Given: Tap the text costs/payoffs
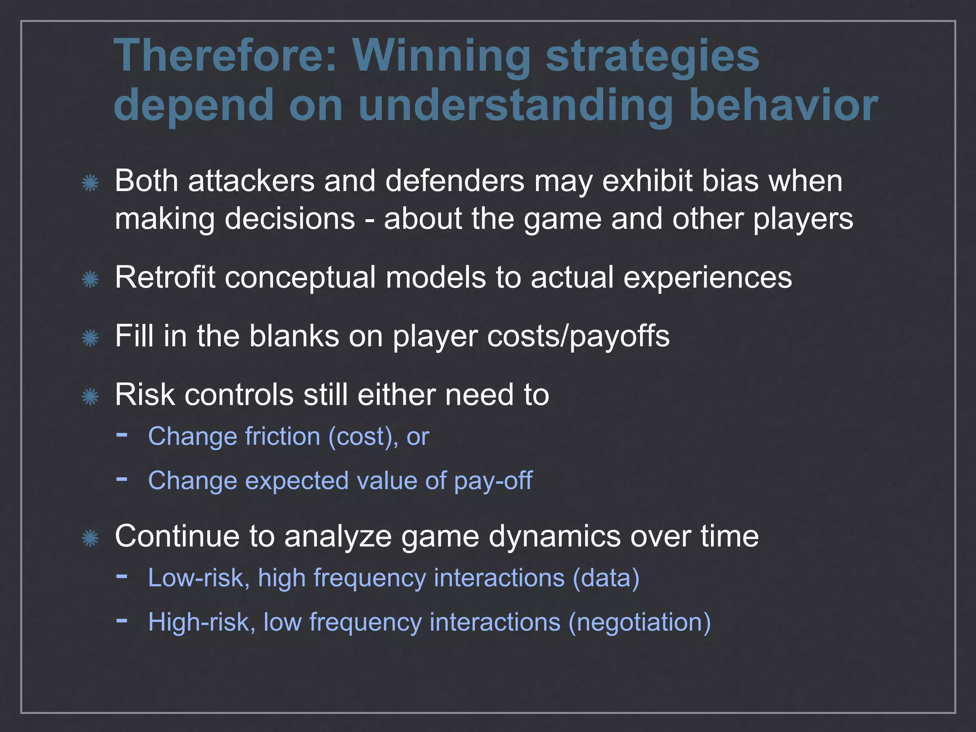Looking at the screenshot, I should tap(531, 336).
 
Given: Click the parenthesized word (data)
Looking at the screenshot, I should tap(606, 578).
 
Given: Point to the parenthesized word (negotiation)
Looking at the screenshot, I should tap(639, 622).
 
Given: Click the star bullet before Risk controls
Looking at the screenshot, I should tap(90, 396).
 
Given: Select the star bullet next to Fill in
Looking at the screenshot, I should tap(90, 338).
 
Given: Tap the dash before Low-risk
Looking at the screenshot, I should tap(122, 576).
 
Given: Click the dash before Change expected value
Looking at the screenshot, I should tap(122, 478).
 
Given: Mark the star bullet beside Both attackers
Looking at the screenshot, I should tap(90, 183).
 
